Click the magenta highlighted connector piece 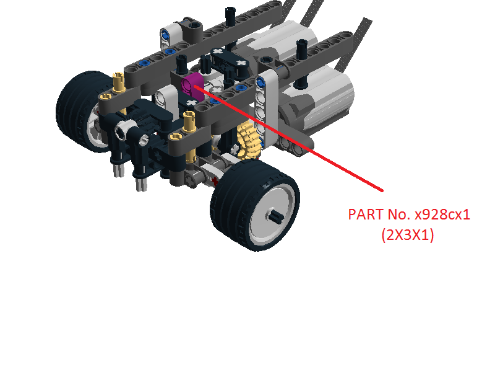click(x=192, y=86)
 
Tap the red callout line click(x=288, y=138)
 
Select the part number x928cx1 click(x=442, y=215)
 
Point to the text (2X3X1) click(x=408, y=235)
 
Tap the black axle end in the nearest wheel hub click(x=276, y=216)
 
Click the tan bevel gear click(x=250, y=139)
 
